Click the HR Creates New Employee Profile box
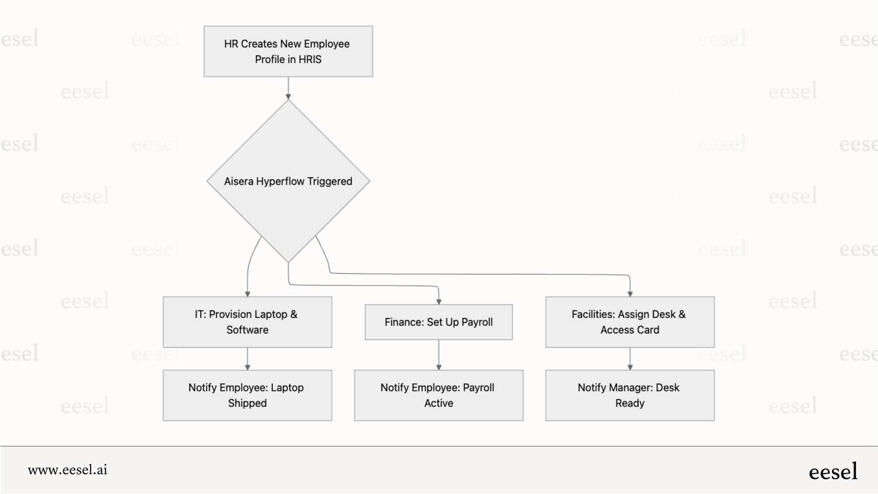[x=288, y=51]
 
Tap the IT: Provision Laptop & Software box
[x=247, y=322]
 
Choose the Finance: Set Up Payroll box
[x=438, y=322]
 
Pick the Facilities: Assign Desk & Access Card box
[x=630, y=322]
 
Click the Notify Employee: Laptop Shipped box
[x=247, y=395]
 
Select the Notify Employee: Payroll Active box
[x=438, y=395]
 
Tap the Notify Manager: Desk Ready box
[x=630, y=395]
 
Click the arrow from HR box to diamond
[x=288, y=88]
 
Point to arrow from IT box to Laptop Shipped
[x=247, y=359]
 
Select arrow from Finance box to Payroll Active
[x=438, y=355]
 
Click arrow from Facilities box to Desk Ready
[x=630, y=359]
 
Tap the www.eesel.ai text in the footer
[x=67, y=469]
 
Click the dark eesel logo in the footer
[x=833, y=472]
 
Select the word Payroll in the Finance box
[x=477, y=322]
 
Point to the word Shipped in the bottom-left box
[x=247, y=403]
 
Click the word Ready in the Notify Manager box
[x=630, y=403]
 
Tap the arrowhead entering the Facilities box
[x=630, y=294]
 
